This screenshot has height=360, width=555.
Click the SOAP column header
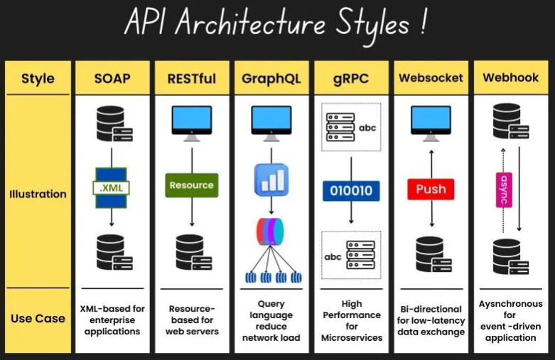pyautogui.click(x=112, y=78)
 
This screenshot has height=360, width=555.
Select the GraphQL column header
pyautogui.click(x=271, y=79)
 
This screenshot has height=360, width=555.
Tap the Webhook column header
pyautogui.click(x=511, y=77)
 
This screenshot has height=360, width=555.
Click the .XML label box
pyautogui.click(x=111, y=187)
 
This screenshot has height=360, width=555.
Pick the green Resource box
pyautogui.click(x=191, y=185)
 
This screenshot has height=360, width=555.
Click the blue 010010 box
pyautogui.click(x=351, y=190)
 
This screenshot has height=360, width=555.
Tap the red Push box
pyautogui.click(x=431, y=189)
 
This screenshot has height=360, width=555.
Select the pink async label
pyautogui.click(x=504, y=190)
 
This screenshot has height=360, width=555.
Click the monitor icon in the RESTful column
pyautogui.click(x=191, y=124)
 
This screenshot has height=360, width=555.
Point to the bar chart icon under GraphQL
pyautogui.click(x=271, y=180)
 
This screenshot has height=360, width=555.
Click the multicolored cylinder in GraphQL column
pyautogui.click(x=270, y=231)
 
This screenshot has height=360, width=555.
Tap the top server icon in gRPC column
pyautogui.click(x=340, y=127)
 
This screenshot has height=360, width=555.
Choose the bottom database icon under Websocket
pyautogui.click(x=433, y=254)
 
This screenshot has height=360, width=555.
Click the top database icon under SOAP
pyautogui.click(x=114, y=124)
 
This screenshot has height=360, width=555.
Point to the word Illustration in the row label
pyautogui.click(x=38, y=194)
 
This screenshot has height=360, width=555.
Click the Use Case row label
pyautogui.click(x=38, y=318)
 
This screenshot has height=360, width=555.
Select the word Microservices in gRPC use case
pyautogui.click(x=352, y=338)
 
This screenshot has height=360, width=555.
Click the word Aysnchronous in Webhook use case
pyautogui.click(x=510, y=304)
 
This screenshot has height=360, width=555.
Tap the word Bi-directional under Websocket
pyautogui.click(x=431, y=309)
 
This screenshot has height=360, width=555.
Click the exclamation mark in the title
pyautogui.click(x=424, y=22)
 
